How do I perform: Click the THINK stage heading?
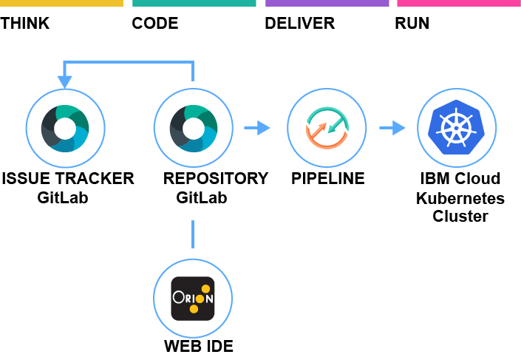25,24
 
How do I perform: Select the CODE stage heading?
155,24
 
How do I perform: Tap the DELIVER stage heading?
299,24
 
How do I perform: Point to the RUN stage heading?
412,24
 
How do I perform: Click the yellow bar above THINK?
61,3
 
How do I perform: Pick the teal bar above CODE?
194,3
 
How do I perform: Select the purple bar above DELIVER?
327,3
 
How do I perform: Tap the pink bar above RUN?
458,3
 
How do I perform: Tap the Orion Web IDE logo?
193,298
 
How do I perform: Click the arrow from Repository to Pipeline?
257,129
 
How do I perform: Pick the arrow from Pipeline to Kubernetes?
392,129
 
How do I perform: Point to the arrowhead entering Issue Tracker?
64,81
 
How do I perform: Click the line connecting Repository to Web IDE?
193,234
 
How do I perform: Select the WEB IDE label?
199,346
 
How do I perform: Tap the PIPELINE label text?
327,179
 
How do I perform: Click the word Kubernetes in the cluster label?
460,198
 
